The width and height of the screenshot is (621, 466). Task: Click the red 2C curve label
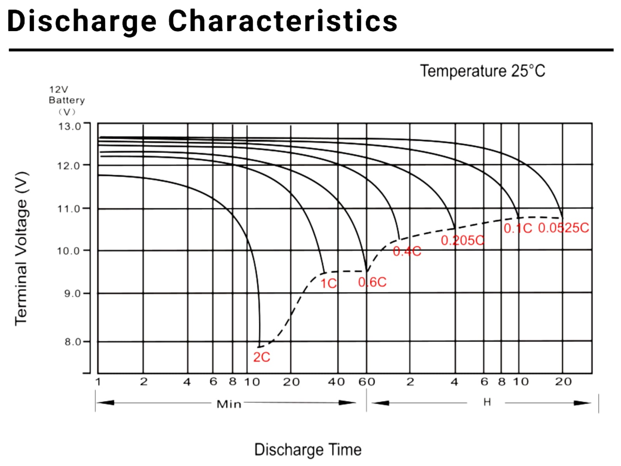coord(262,357)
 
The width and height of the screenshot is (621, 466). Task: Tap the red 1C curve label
coord(328,283)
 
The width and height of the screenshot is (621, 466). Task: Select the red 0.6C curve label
coord(372,282)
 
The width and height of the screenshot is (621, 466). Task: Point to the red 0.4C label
coord(407,251)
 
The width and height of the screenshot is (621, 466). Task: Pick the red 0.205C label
coord(462,241)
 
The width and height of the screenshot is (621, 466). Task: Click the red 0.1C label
coord(518,228)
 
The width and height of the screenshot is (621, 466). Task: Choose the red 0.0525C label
coord(563,228)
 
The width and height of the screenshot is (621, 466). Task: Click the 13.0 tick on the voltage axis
coord(69,127)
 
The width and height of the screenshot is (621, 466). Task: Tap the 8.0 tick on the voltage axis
coord(73,342)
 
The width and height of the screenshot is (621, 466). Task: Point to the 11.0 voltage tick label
coord(69,209)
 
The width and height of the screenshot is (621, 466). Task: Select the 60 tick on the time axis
coord(366,382)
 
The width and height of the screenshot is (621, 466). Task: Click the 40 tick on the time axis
coord(336,382)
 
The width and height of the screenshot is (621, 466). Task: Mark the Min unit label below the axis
coord(229,404)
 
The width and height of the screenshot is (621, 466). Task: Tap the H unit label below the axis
coord(487,402)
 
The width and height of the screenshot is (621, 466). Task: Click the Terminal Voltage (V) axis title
coord(22,249)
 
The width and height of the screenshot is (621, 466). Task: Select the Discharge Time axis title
coord(308,450)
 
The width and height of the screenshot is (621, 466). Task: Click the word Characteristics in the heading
coord(283,21)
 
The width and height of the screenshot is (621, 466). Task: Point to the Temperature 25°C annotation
coord(482,71)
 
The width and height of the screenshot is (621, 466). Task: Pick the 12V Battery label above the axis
coord(66,95)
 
